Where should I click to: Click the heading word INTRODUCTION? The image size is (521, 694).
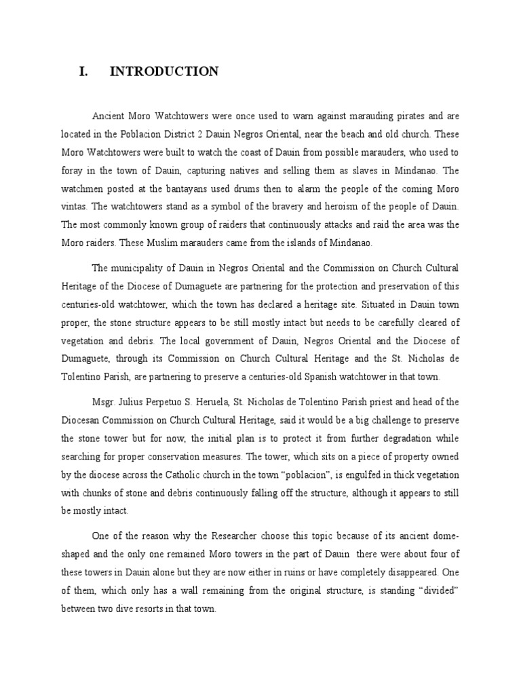pos(165,72)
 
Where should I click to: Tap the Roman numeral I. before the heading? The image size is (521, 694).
pos(83,72)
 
